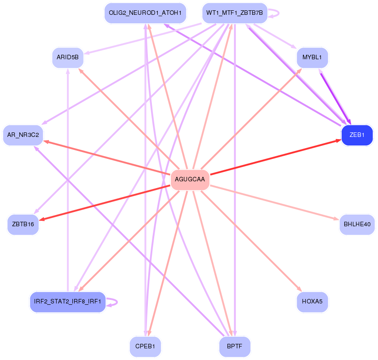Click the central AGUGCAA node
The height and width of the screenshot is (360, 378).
coord(190,180)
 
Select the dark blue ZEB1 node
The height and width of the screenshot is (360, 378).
coord(357,135)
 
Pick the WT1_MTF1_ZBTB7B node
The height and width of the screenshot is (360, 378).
coord(234,13)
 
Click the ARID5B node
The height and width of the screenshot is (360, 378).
coord(67,57)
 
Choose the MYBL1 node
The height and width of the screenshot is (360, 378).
coord(312,57)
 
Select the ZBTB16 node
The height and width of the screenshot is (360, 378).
coord(23,224)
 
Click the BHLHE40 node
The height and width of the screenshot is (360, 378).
coord(357,224)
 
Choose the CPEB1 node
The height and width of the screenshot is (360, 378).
coord(145,347)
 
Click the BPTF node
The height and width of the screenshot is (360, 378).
coord(234,347)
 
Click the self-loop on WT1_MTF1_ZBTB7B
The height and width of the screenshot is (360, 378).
coord(275,13)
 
